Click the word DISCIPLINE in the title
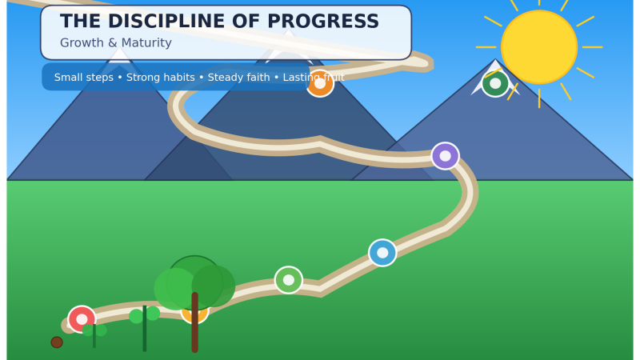click(167, 22)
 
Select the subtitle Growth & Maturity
click(115, 43)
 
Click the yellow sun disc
click(538, 47)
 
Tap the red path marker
click(81, 318)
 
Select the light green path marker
click(289, 280)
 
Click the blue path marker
click(382, 253)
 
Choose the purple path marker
click(445, 156)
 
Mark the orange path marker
click(320, 84)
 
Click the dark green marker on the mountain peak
click(495, 83)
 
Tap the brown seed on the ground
click(57, 342)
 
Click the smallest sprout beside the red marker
click(94, 332)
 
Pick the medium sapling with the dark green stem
click(145, 324)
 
